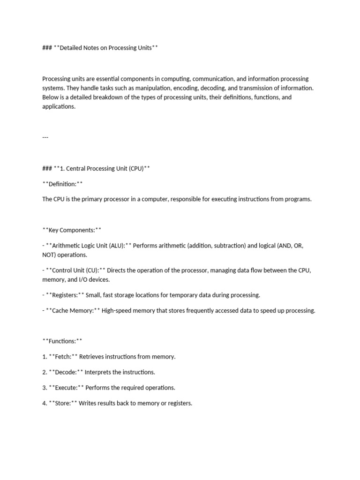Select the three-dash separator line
(x=45, y=137)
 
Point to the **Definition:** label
(x=62, y=184)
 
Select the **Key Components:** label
(x=72, y=230)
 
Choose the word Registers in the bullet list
(x=65, y=295)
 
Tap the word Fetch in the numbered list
(x=63, y=357)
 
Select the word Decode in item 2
(x=66, y=372)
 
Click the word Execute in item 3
(x=66, y=388)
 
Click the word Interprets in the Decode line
(x=99, y=372)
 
